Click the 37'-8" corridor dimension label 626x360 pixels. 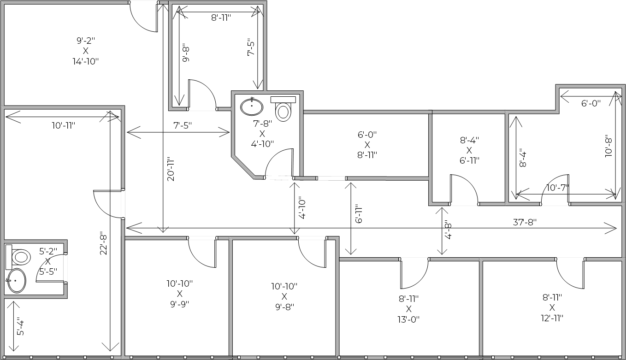(x=525, y=222)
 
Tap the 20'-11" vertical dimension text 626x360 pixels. (x=171, y=169)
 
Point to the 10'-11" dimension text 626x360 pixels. (x=64, y=125)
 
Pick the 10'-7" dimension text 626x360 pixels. (x=557, y=188)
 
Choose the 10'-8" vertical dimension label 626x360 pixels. (x=608, y=146)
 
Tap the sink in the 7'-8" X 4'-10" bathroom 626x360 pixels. (x=252, y=106)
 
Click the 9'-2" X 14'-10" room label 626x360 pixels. (x=85, y=51)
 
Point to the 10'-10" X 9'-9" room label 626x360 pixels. (x=180, y=294)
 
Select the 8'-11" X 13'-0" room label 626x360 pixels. (x=408, y=309)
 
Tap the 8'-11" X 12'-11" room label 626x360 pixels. (x=552, y=307)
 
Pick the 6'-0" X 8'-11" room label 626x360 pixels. (x=367, y=145)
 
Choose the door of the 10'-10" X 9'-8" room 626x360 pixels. (x=313, y=252)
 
